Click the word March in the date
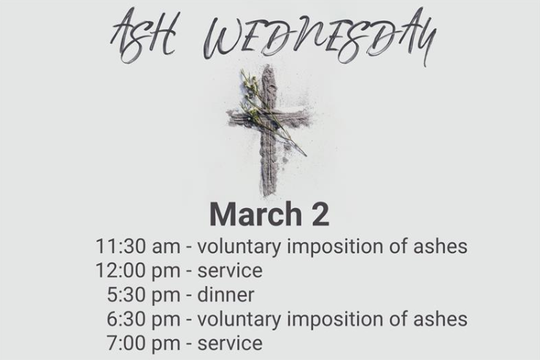point(256,214)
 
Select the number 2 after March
point(320,214)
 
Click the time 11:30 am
point(138,246)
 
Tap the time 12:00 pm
point(138,271)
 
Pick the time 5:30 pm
point(144,295)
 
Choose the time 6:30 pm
point(144,319)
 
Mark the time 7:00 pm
point(144,343)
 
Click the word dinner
point(226,295)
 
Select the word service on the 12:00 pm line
point(230,271)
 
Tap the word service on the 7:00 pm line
point(230,343)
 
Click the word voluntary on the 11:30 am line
point(239,247)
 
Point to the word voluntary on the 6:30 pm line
point(239,320)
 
